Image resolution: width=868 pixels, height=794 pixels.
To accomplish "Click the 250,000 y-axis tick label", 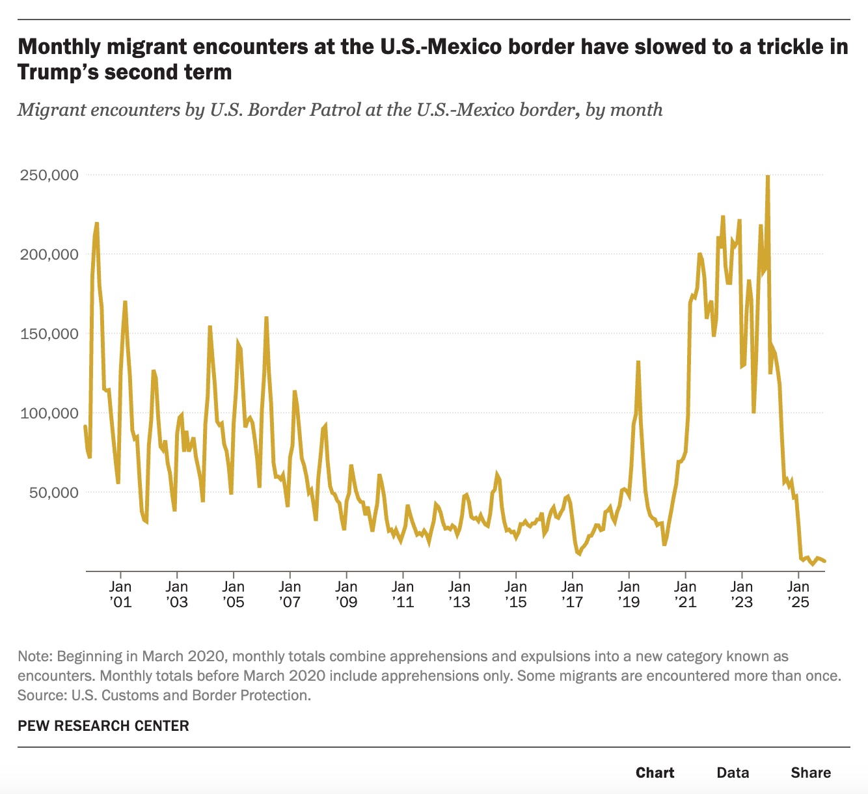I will coord(48,175).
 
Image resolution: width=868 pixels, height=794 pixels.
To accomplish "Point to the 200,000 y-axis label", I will coord(48,254).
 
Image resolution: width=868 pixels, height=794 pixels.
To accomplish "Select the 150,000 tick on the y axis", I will coord(48,334).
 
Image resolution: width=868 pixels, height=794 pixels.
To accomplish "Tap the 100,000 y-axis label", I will coord(48,413).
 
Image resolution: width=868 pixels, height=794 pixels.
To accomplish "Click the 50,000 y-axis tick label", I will coord(53,493).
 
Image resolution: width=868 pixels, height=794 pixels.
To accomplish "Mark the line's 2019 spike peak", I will coord(638,362).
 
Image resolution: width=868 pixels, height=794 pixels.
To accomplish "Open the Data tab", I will coord(733,773).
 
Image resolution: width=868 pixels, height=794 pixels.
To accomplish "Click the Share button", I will coord(811,773).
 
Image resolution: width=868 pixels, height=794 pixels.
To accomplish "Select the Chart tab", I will coord(655,773).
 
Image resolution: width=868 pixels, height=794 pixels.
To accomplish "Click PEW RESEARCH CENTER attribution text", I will coord(103,726).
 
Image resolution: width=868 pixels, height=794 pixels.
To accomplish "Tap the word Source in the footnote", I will coord(40,695).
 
